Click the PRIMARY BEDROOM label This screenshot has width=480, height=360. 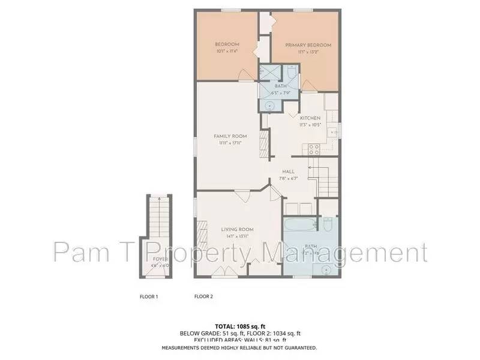(308, 45)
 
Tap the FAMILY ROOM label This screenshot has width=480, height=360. (230, 136)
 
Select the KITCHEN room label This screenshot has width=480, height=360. (310, 118)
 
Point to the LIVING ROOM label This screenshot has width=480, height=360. (238, 229)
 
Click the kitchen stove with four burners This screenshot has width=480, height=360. (313, 149)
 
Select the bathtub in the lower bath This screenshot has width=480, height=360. (298, 226)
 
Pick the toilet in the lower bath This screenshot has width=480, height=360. (328, 225)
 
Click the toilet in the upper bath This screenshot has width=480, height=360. (290, 75)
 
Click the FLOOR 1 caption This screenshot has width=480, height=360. (149, 296)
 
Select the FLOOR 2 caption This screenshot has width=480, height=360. (204, 296)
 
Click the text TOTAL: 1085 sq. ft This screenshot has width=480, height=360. (240, 326)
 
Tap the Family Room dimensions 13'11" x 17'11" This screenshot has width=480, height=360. (230, 143)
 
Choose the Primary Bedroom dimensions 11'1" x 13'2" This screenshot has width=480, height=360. (308, 52)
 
